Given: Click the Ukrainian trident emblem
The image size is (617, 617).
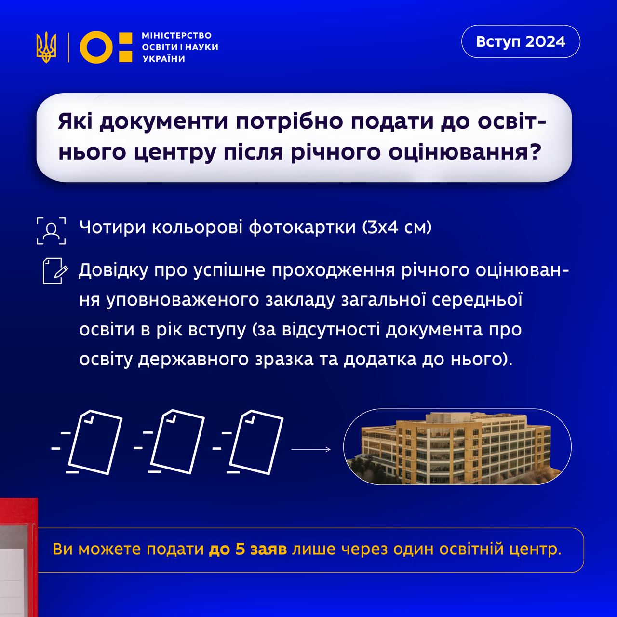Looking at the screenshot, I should coord(46,47).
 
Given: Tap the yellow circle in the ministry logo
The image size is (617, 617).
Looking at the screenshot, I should coord(96,47).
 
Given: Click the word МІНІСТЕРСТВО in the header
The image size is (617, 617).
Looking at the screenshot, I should coord(176,36).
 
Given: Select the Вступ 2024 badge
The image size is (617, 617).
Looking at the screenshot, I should coord(521,41).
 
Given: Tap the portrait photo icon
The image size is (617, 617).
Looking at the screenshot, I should coord(51,230).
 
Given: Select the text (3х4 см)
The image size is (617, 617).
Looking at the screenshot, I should coord(397,227).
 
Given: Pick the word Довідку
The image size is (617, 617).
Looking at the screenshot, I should coord(113,270).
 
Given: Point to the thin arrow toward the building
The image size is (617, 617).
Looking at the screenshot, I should coord(311,449).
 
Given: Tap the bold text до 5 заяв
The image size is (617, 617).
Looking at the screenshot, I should coord(248,550).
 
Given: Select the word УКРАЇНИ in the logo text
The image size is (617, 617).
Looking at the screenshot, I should coord(163,59).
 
